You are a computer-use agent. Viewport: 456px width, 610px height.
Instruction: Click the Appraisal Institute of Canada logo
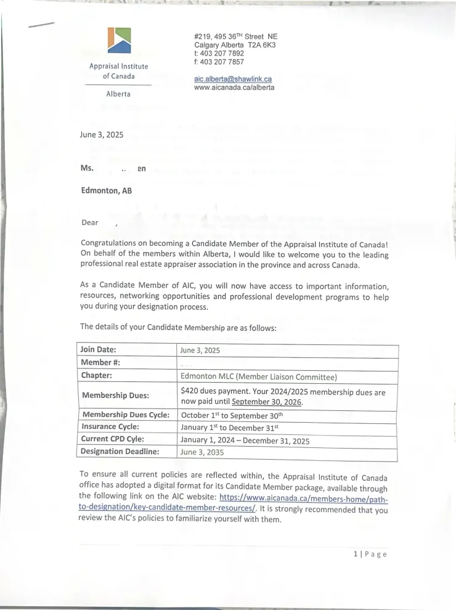click(x=119, y=41)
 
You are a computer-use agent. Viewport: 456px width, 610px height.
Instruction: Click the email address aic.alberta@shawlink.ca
click(x=233, y=79)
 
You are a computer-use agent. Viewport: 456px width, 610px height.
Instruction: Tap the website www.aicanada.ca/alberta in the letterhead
click(x=234, y=87)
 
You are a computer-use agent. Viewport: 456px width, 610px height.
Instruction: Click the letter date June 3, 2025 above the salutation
click(x=102, y=134)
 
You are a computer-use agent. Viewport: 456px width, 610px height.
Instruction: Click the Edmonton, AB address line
click(x=107, y=190)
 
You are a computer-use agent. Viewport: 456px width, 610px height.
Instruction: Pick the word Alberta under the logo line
click(x=118, y=94)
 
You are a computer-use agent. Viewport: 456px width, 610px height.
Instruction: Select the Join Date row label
click(x=99, y=349)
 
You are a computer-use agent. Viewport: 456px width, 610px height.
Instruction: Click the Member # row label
click(x=96, y=362)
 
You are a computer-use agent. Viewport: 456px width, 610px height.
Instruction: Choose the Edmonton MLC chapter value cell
click(x=259, y=376)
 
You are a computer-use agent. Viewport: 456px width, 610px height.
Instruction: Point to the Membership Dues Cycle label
click(x=126, y=415)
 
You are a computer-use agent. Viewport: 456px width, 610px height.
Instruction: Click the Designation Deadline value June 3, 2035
click(x=202, y=452)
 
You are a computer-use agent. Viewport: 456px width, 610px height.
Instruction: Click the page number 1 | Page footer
click(x=370, y=554)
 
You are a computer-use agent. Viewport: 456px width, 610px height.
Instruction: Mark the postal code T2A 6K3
click(x=262, y=45)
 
